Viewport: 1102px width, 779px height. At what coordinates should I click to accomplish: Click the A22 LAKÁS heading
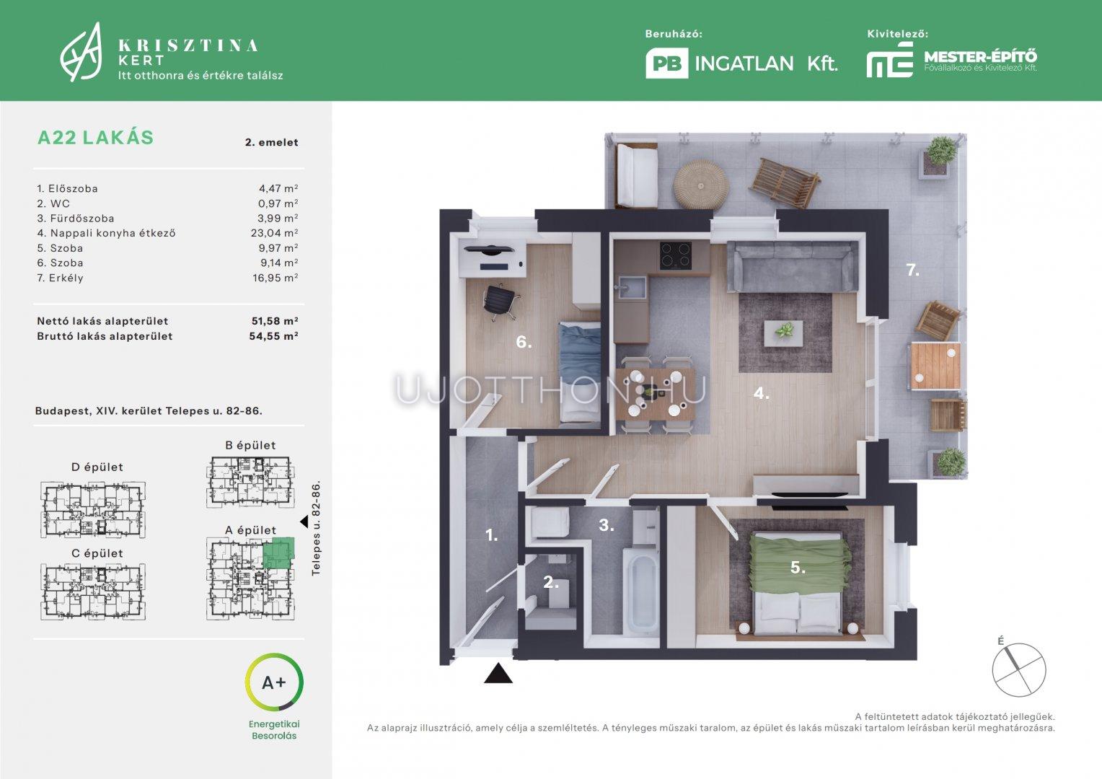95,137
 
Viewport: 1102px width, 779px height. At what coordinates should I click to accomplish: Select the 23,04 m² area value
275,233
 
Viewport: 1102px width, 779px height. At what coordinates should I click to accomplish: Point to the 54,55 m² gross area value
273,336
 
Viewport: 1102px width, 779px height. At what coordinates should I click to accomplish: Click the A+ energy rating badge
274,682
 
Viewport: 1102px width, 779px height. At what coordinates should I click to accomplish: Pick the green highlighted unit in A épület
278,553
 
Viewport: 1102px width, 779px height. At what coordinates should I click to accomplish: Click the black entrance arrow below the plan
498,673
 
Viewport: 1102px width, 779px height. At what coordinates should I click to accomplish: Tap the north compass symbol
1019,669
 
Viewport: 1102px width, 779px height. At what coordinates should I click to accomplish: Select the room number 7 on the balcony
912,270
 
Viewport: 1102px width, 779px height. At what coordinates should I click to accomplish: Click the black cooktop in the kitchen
676,255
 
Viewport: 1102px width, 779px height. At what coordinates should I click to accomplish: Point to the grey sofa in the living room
793,266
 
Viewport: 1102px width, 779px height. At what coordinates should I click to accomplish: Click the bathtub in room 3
640,592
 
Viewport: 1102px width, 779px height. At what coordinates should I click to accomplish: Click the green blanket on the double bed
800,566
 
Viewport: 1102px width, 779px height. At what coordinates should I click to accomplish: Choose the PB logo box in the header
666,63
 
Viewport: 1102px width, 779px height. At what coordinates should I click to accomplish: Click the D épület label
97,467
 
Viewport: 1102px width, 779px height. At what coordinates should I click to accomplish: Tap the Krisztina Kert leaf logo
81,52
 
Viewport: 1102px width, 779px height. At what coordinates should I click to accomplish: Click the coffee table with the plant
784,333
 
